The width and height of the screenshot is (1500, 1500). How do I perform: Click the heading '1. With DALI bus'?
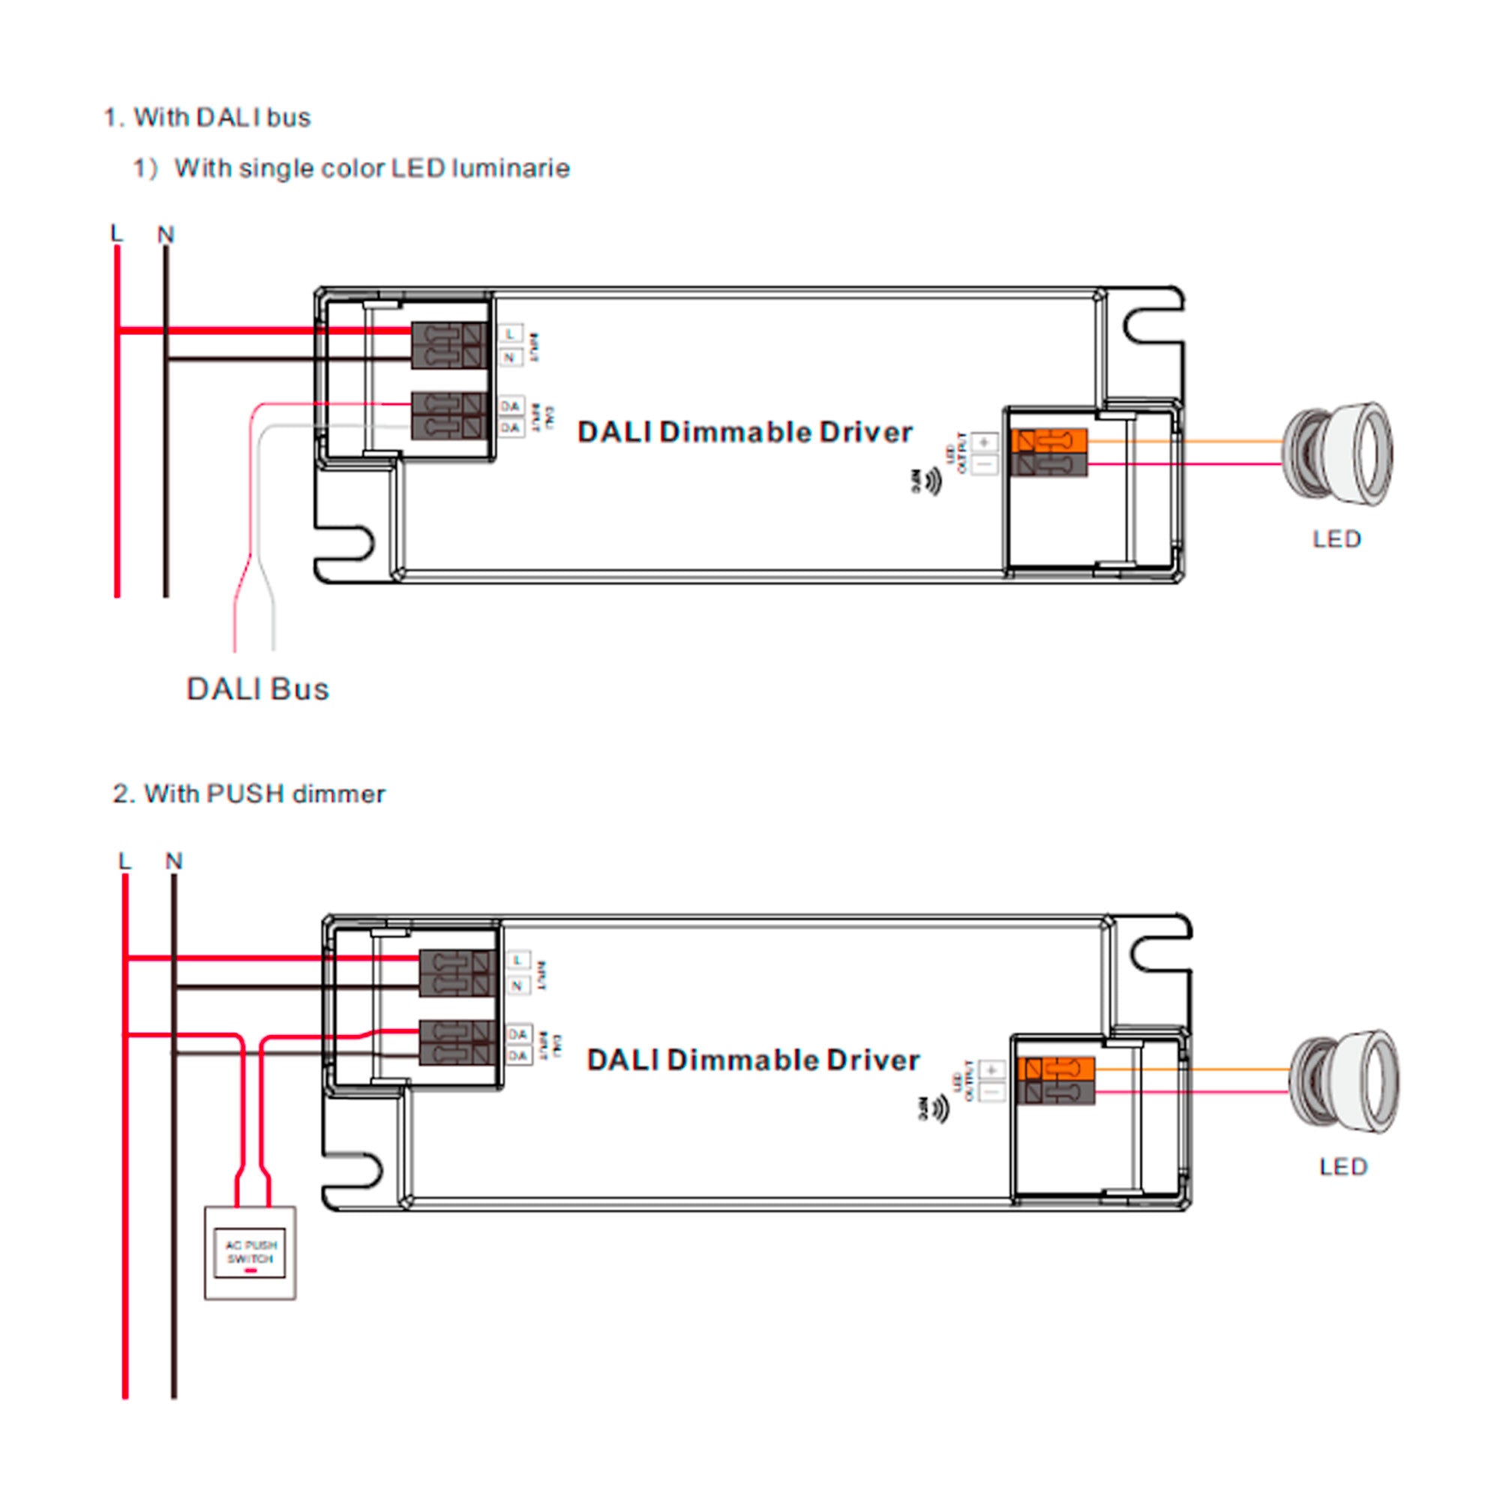[207, 118]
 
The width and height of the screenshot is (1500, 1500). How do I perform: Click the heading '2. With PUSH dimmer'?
[249, 794]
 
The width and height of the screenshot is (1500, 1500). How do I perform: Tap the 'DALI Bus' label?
[258, 689]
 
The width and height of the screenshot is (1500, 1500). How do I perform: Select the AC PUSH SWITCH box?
[250, 1252]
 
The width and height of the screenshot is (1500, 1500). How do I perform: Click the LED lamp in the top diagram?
[1337, 454]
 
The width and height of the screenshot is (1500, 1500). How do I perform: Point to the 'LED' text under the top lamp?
[1337, 539]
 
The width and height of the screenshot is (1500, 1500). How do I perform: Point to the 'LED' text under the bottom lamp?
[1343, 1167]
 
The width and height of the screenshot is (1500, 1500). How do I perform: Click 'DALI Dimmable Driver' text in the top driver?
[745, 433]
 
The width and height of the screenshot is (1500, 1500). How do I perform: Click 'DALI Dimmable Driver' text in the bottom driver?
[753, 1060]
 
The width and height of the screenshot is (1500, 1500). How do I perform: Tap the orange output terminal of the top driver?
[1049, 441]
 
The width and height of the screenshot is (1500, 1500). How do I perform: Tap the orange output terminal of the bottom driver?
[1057, 1069]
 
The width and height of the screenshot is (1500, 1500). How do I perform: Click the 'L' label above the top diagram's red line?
[116, 233]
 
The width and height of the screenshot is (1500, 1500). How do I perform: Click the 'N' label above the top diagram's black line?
[165, 235]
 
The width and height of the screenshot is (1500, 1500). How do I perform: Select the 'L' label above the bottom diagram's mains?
[124, 860]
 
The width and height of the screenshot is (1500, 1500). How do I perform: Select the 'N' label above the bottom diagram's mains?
[174, 861]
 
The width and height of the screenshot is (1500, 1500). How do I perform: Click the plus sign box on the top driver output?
[985, 442]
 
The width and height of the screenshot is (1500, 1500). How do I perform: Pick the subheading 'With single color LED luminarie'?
[372, 169]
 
